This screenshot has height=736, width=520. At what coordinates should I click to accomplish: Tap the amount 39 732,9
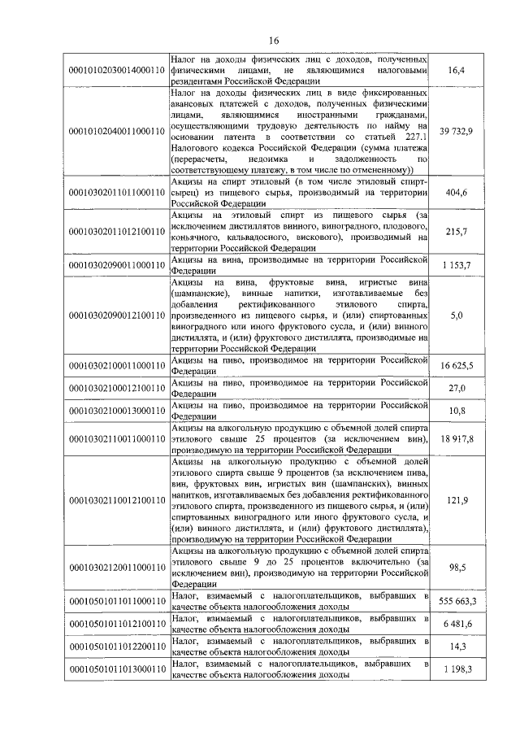click(x=456, y=132)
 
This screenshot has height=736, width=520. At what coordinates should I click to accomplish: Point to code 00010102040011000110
click(x=116, y=132)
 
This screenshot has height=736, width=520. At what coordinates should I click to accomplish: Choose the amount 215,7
click(x=456, y=232)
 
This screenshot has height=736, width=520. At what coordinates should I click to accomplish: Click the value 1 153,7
click(x=456, y=266)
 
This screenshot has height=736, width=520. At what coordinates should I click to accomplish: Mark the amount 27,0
click(x=456, y=389)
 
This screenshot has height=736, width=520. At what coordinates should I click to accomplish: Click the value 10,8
click(x=456, y=411)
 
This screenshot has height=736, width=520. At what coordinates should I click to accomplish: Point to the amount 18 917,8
click(x=456, y=438)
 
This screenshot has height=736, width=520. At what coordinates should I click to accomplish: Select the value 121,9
click(x=456, y=501)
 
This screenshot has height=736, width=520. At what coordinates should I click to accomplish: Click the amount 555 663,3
click(x=456, y=599)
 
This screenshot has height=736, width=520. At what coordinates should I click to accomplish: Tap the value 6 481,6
click(x=456, y=622)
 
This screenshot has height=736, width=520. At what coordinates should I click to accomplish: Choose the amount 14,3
click(x=456, y=645)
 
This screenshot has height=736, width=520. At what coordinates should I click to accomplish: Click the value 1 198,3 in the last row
click(x=456, y=668)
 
